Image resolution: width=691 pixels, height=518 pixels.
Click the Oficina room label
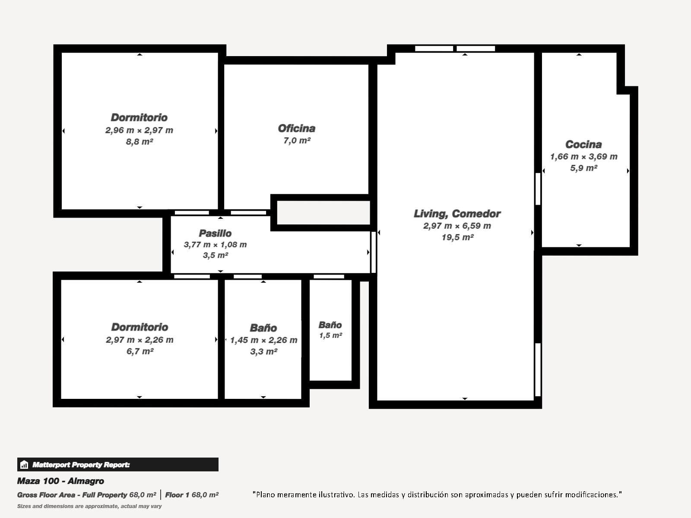click(297, 128)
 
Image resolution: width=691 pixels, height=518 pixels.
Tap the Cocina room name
click(583, 144)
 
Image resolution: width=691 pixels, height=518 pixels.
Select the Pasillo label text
click(215, 234)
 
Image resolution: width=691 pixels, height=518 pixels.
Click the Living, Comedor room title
click(457, 214)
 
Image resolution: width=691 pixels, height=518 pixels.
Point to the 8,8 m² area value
click(139, 142)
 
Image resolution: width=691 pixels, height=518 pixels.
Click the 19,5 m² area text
click(457, 237)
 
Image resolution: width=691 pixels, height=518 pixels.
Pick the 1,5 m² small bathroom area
click(330, 335)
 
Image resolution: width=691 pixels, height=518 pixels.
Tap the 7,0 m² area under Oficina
click(297, 141)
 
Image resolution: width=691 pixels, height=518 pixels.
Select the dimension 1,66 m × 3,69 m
click(583, 157)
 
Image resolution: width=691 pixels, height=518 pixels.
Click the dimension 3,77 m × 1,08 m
click(216, 245)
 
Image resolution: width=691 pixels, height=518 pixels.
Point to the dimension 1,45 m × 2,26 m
click(264, 340)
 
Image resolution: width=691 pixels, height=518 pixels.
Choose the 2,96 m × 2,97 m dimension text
click(139, 130)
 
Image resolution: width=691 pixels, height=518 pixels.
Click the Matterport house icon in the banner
click(24, 464)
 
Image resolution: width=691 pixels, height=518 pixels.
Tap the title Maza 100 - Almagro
click(60, 481)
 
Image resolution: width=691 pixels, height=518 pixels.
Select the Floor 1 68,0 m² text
click(192, 495)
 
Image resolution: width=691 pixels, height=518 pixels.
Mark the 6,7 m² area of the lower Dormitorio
click(140, 351)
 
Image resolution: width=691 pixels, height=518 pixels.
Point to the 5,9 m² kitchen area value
click(583, 168)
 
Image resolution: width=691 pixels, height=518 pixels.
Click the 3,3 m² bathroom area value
click(264, 352)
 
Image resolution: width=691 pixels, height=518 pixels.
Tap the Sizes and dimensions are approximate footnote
click(89, 506)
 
